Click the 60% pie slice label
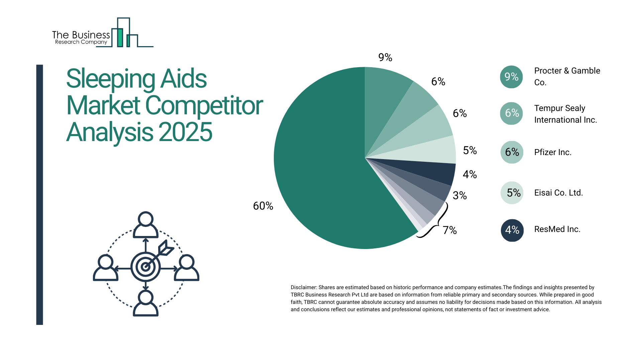263,206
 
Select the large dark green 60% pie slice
321,167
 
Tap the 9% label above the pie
385,57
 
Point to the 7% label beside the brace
450,230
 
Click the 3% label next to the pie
460,196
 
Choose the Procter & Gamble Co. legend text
567,77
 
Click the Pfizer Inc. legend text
553,152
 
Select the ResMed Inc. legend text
557,229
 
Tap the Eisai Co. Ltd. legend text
558,193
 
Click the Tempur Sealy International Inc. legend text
565,114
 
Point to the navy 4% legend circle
512,230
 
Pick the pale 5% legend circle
512,193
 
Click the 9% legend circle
511,77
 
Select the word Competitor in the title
204,106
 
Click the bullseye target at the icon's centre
145,267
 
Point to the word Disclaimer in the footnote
303,287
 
